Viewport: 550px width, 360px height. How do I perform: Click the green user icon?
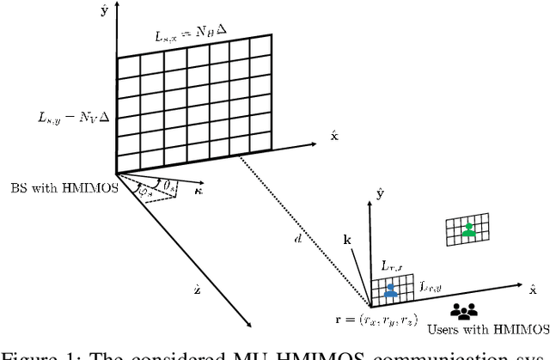click(467, 229)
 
